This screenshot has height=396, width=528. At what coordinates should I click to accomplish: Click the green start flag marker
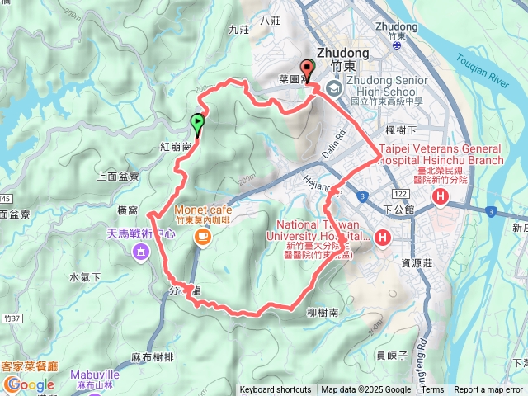click(197, 123)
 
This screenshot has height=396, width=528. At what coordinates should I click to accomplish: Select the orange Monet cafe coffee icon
click(202, 237)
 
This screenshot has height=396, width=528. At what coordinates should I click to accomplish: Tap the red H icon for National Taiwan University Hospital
click(383, 239)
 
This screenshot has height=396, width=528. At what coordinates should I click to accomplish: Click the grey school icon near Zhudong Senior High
click(333, 88)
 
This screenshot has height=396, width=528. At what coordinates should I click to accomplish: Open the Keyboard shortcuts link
click(276, 390)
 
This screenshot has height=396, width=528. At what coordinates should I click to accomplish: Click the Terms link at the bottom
click(432, 390)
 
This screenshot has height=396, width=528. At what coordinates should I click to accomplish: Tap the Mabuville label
click(95, 374)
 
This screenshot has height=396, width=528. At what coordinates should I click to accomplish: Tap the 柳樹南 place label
click(322, 313)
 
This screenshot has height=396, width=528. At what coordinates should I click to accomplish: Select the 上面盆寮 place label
click(118, 176)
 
